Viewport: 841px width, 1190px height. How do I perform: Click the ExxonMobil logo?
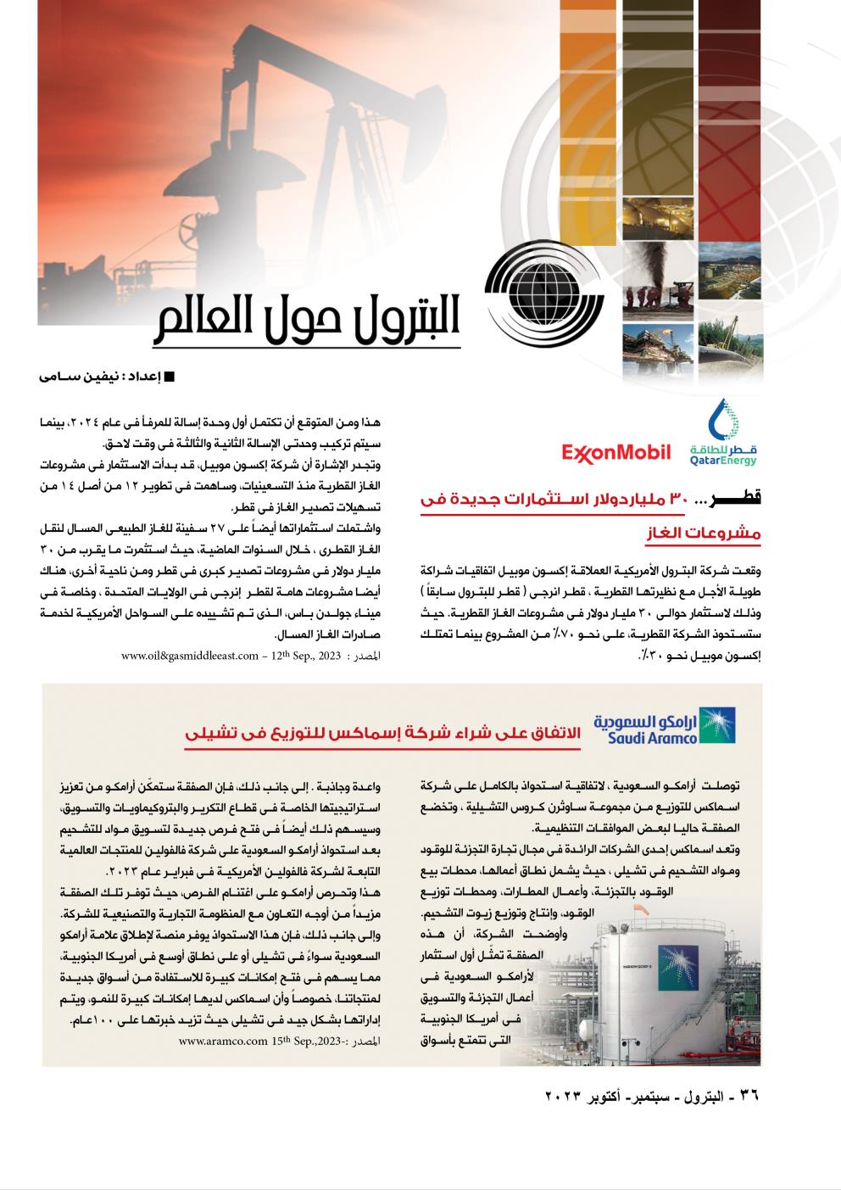tap(615, 452)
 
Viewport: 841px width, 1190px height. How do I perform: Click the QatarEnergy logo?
tap(722, 434)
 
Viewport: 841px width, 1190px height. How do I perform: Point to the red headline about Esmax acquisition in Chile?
tap(382, 731)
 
